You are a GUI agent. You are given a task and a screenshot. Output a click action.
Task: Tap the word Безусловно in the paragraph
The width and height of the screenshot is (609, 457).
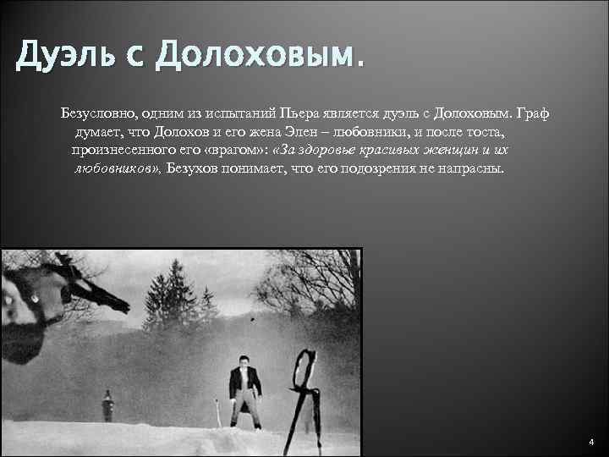click(x=94, y=113)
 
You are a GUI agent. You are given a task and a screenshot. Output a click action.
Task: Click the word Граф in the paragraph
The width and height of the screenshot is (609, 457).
click(x=532, y=113)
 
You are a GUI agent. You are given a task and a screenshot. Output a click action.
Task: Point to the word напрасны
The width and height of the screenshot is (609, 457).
click(x=475, y=168)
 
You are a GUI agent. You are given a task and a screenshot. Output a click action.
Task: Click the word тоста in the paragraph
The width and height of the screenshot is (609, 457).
click(x=503, y=133)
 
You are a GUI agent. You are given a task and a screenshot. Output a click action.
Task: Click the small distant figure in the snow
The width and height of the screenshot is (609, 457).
click(x=107, y=405)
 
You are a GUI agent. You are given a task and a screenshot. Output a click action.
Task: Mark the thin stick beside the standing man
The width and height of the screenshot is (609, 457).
click(x=218, y=415)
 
